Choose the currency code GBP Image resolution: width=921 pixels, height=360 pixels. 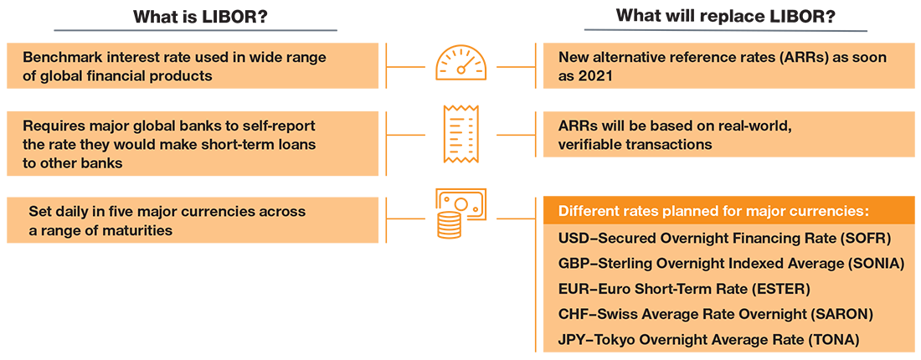coord(573,263)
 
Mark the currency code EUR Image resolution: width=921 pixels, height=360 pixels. coord(573,289)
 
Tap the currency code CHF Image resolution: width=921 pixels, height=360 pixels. coord(573,314)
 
